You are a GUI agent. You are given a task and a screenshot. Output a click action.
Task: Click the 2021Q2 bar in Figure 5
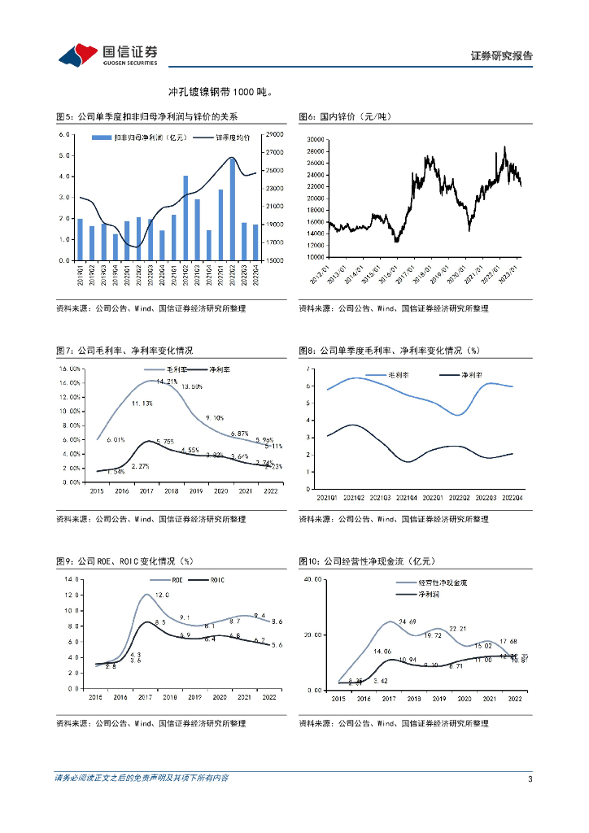click(185, 218)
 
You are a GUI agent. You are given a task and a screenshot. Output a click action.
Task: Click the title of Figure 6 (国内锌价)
click(345, 117)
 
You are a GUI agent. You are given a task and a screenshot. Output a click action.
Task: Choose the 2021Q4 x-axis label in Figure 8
click(408, 498)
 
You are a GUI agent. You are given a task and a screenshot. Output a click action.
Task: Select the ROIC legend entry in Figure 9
click(216, 579)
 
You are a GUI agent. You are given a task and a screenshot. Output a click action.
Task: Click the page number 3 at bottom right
click(530, 778)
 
